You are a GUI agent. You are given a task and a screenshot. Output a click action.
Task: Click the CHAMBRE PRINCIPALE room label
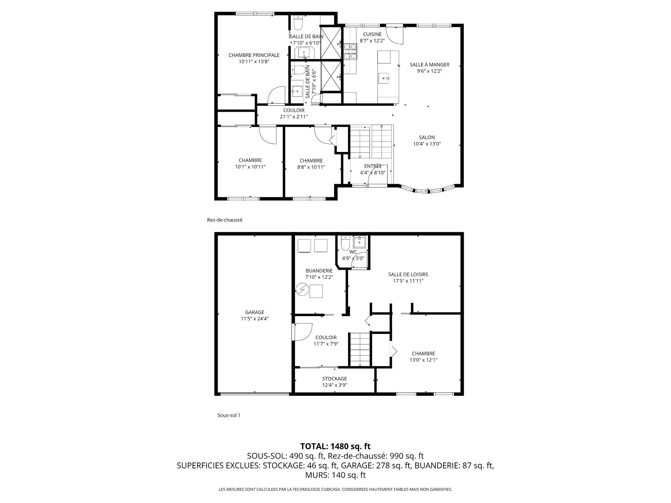(x=254, y=55)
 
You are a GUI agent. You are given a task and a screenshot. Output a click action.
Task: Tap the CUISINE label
(x=372, y=34)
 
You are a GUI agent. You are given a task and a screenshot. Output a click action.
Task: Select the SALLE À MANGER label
(x=430, y=65)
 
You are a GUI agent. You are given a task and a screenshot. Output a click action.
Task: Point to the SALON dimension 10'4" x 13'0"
(x=427, y=144)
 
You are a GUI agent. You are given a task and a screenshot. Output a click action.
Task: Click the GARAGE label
(x=254, y=312)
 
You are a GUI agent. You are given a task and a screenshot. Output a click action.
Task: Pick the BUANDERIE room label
(x=319, y=271)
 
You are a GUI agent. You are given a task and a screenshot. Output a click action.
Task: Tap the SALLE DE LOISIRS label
(x=408, y=275)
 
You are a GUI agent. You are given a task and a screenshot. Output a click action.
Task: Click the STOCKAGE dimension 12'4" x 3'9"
(x=334, y=385)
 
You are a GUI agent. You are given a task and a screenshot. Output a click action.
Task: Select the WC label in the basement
(x=353, y=252)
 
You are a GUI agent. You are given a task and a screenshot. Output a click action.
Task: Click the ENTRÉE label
(x=373, y=166)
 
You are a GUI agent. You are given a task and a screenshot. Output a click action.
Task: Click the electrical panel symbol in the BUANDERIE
(x=302, y=290)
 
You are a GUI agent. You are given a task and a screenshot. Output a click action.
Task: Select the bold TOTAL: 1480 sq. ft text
(x=335, y=446)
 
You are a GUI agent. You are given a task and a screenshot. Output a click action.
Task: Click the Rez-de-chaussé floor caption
(x=225, y=220)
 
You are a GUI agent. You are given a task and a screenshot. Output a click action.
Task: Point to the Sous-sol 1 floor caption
(x=229, y=415)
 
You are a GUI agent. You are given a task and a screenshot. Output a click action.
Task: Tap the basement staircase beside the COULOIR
(x=360, y=349)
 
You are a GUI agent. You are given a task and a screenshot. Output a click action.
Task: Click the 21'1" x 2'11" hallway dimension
(x=294, y=117)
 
